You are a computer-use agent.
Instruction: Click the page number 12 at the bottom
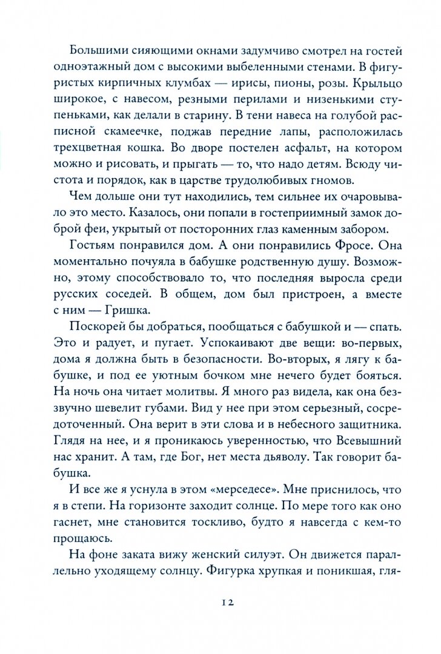[227, 602]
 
